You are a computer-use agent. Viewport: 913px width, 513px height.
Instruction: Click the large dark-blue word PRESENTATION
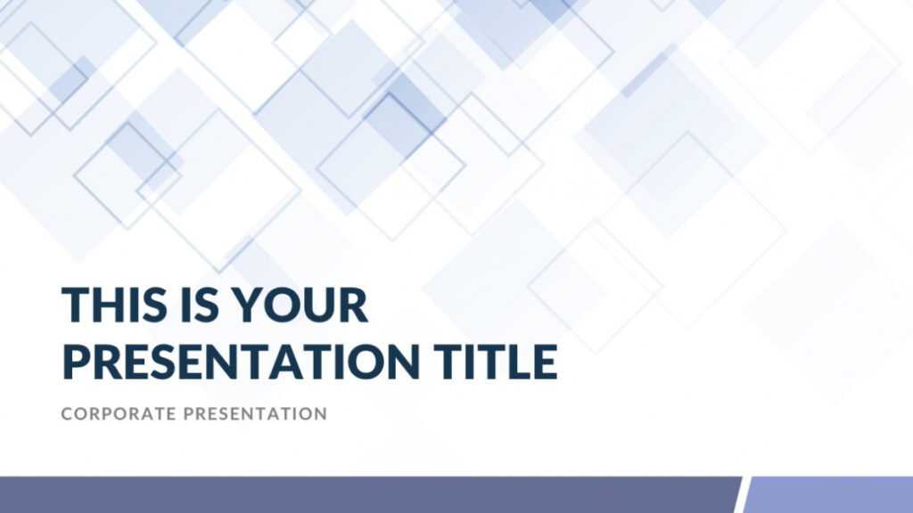pos(241,361)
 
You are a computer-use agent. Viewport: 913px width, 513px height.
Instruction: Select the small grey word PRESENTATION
pos(256,414)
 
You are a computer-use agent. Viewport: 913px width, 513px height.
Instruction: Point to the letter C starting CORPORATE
pos(66,414)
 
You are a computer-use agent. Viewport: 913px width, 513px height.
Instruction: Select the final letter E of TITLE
pos(547,361)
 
